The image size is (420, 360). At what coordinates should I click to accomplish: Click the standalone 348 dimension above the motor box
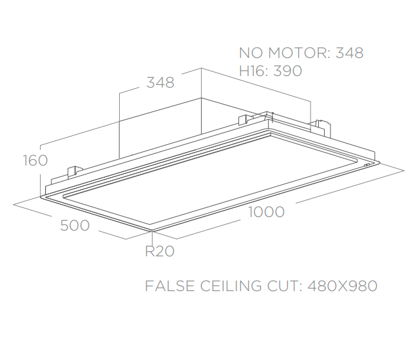[160, 83]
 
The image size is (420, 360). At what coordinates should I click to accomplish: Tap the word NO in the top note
[251, 53]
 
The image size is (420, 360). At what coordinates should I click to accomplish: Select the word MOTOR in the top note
[297, 53]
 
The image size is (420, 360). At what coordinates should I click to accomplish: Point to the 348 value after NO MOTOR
[349, 53]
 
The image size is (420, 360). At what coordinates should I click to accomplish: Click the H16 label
[253, 71]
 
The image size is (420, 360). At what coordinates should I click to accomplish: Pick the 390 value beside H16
[287, 71]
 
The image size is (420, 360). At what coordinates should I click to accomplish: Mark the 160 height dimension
[35, 160]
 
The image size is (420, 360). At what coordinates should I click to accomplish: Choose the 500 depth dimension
[75, 225]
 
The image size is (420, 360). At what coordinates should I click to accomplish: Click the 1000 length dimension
[265, 212]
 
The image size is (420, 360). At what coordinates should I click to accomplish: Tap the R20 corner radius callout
[159, 252]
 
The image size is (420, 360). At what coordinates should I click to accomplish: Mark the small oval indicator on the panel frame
[367, 166]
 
